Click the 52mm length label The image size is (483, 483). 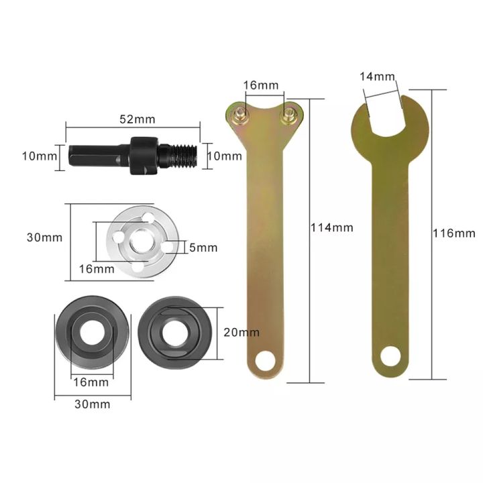click(x=136, y=119)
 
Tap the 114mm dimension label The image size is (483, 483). click(x=331, y=227)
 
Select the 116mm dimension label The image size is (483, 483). click(x=454, y=233)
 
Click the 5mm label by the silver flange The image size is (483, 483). click(x=204, y=248)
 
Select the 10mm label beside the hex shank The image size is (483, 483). click(x=38, y=156)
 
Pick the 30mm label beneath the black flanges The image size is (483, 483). click(x=92, y=405)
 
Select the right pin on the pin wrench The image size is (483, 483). click(x=289, y=115)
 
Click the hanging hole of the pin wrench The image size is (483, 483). click(x=266, y=363)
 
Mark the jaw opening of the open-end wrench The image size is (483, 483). click(x=384, y=107)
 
